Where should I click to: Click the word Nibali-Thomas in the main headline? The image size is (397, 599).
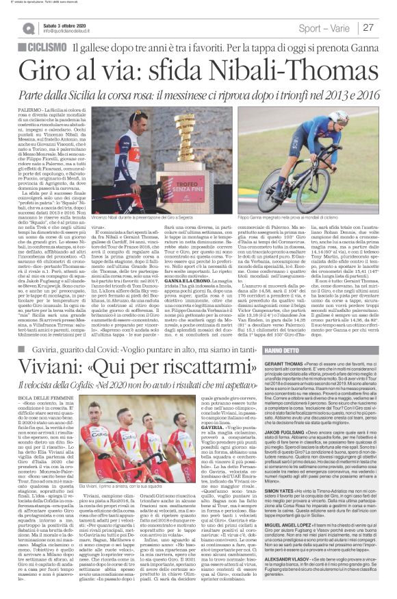click(x=264, y=71)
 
